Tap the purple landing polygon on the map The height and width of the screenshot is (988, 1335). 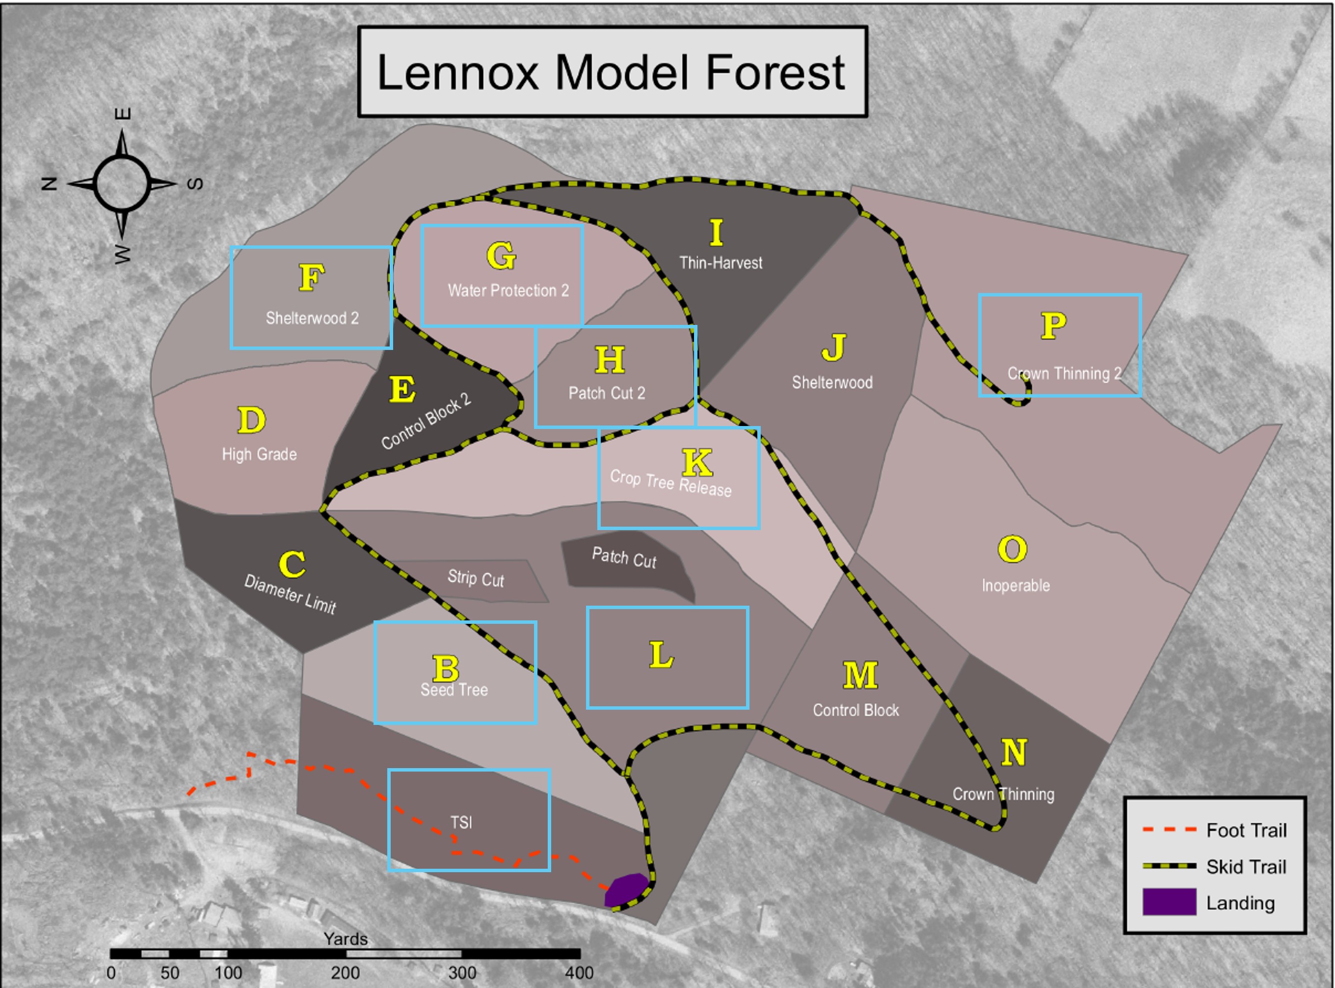click(626, 889)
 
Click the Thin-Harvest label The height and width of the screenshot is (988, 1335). click(721, 263)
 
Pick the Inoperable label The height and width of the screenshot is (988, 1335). click(1015, 585)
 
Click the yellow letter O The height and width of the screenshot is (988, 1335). click(1012, 549)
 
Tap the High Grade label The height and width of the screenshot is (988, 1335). click(259, 454)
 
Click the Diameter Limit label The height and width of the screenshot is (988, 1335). click(290, 593)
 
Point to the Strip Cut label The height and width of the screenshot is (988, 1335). click(476, 578)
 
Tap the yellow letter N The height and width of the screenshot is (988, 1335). click(1014, 752)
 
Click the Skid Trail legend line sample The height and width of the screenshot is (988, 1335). click(1169, 865)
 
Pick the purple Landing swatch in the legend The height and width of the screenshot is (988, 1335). click(1169, 902)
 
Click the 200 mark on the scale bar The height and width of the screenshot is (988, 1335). click(345, 973)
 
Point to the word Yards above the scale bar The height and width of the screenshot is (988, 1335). click(345, 938)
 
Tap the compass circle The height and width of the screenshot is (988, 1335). click(122, 184)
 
